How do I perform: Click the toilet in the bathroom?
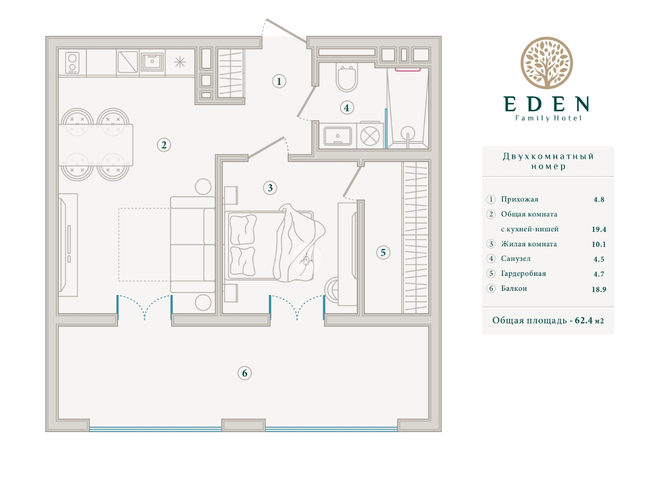346,78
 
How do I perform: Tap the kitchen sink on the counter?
152,62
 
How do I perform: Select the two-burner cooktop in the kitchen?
72,62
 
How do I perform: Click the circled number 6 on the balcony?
245,373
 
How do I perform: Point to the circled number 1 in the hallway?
279,81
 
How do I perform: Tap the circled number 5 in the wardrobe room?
383,253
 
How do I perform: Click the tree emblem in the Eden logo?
547,63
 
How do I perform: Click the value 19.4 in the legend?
599,229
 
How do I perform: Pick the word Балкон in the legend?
514,288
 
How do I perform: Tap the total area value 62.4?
583,320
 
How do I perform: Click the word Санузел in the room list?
516,259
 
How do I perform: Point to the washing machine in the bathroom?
370,136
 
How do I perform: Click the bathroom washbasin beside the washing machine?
338,136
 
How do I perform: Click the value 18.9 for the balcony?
599,289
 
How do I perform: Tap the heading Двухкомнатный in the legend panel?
548,156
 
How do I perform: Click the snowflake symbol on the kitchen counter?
180,62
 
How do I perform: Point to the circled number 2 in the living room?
164,145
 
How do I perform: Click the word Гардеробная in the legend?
523,273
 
